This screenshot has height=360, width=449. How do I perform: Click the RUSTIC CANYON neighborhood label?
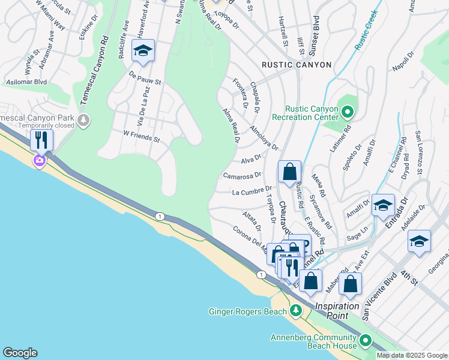[297, 64]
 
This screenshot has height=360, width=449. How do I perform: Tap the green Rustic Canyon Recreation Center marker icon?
[347, 112]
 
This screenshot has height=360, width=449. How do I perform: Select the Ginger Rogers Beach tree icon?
[295, 310]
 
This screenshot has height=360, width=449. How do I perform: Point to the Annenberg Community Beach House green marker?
[365, 341]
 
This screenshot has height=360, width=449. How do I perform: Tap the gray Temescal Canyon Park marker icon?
[83, 121]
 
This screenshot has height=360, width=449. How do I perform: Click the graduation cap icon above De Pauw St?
[143, 51]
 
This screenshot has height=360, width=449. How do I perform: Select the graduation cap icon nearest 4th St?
[419, 241]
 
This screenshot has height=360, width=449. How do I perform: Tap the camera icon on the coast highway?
[40, 160]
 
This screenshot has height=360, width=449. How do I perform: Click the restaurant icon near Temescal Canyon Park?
[41, 140]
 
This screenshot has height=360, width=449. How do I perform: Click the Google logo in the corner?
[20, 352]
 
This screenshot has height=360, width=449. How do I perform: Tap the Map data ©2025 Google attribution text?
[412, 355]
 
